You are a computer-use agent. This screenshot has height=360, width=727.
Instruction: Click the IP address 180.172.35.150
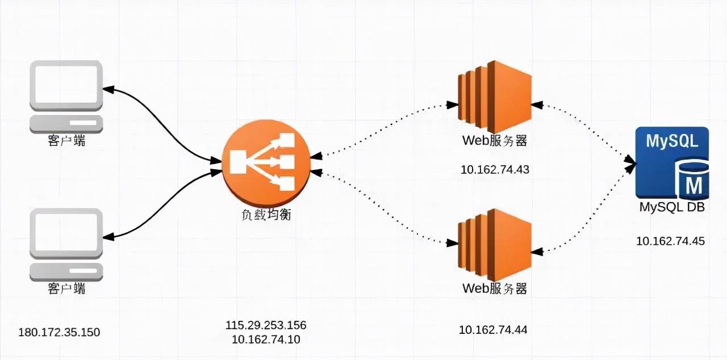59,332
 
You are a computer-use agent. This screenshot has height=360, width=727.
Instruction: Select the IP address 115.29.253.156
266,325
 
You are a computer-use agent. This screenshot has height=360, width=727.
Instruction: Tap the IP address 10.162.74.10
266,340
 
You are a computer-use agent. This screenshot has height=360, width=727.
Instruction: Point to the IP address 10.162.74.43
494,169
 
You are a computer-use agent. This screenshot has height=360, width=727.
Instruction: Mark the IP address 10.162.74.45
670,241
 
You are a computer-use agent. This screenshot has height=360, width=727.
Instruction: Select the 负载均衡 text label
266,216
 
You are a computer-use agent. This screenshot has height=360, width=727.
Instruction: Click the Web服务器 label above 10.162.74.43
494,140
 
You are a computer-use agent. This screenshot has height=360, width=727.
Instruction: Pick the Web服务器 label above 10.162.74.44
494,288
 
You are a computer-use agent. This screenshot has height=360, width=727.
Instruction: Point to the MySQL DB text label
672,208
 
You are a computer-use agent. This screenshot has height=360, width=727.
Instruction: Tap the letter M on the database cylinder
693,185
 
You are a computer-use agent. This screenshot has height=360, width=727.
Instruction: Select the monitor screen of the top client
66,85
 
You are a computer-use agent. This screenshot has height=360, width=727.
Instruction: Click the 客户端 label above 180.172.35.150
66,288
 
